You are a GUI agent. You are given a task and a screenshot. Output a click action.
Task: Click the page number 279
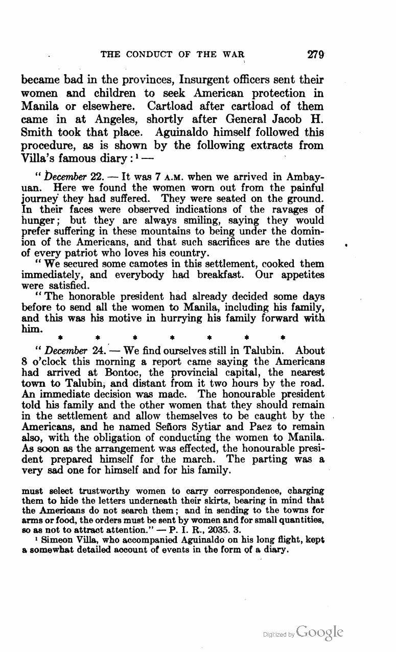[316, 55]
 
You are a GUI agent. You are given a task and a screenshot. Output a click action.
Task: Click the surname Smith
[37, 132]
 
